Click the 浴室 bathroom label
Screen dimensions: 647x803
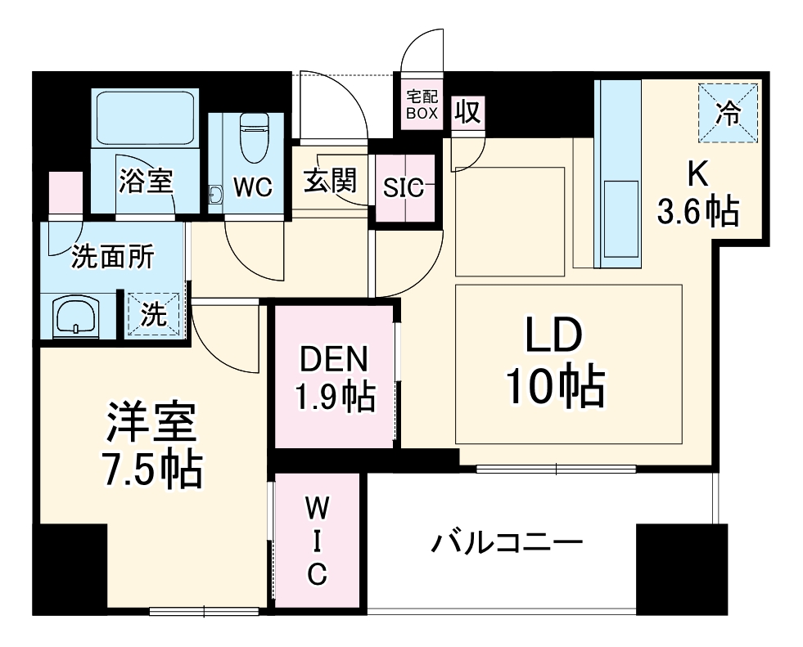coord(146,181)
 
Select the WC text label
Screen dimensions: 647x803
coord(251,187)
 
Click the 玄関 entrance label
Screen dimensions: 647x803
coord(328,181)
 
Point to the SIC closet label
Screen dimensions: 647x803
coord(404,188)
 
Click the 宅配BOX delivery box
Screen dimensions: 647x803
coord(422,105)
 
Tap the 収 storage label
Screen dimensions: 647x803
coord(467,112)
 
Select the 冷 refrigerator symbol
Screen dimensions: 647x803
coord(729,114)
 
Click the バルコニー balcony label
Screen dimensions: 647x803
coord(508,542)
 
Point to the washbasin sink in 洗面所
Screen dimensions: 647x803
coord(75,316)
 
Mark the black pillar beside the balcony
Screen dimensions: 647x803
coord(681,568)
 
